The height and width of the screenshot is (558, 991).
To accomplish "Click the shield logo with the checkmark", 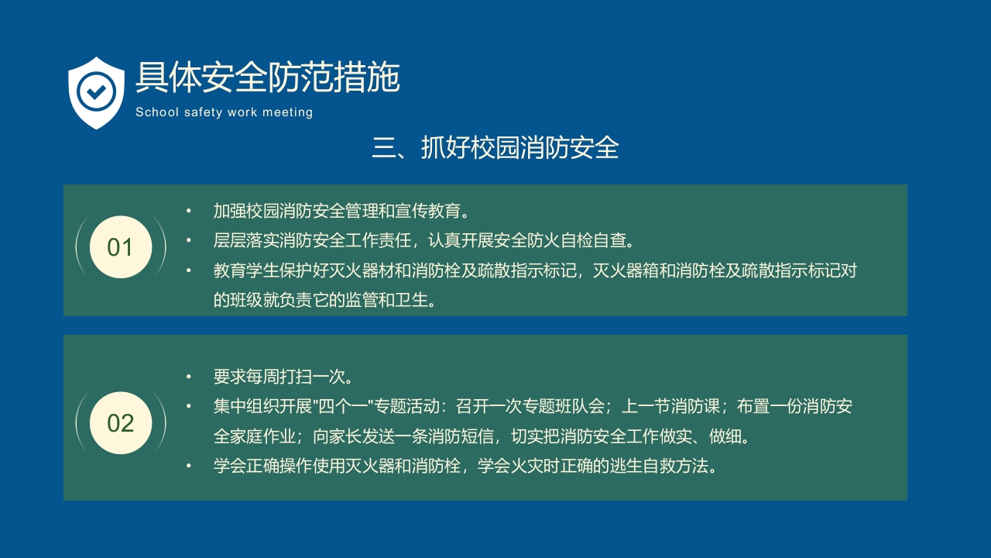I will pos(96,92).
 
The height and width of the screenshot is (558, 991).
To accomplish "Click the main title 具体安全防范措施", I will pos(267,77).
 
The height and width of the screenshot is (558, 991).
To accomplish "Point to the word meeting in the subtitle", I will pos(287,112).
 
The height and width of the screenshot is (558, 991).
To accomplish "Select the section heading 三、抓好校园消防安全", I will pos(495,147).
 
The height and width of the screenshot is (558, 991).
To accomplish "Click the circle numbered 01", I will pos(120,247).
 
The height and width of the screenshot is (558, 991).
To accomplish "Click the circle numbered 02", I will pos(120,423).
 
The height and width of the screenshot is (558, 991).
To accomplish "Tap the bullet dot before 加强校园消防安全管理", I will pos(188,211).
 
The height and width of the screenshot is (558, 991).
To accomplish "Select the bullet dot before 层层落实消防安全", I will pos(188,241).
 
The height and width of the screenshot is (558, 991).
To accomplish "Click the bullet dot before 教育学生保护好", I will pos(188,271).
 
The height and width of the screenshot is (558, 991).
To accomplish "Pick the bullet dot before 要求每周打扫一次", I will pos(188,377).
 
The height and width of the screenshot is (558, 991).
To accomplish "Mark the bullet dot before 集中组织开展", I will pos(188,406).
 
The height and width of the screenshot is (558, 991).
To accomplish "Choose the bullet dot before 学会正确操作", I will pos(188,466).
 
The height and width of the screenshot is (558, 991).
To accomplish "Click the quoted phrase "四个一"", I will pos(342,407).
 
